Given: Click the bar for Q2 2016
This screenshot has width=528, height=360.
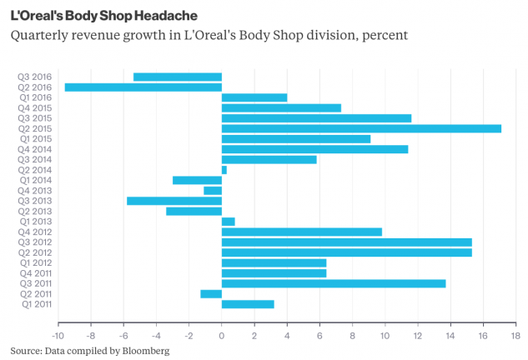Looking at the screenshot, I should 143,87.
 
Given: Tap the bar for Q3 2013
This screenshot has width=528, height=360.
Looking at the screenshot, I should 174,201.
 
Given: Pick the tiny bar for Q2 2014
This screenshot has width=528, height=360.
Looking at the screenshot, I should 224,170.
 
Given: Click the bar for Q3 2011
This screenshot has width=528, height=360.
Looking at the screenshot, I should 334,283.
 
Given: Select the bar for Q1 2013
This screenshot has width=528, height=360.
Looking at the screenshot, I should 229,222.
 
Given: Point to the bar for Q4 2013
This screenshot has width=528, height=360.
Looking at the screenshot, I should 213,191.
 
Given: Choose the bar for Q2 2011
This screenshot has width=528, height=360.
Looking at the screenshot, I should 211,294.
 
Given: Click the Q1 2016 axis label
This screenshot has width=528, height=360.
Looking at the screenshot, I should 35,97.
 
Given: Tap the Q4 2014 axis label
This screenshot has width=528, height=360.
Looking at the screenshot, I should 35,149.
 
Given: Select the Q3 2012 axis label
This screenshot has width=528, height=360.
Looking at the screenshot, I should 35,242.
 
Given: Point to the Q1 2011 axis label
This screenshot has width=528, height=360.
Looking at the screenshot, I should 35,304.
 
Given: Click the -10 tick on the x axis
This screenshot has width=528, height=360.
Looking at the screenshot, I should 58,335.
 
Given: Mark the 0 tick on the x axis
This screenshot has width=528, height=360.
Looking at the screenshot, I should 222,335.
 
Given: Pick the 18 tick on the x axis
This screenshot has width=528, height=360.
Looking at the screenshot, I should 515,335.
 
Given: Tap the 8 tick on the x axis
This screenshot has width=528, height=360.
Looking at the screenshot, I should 352,335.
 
